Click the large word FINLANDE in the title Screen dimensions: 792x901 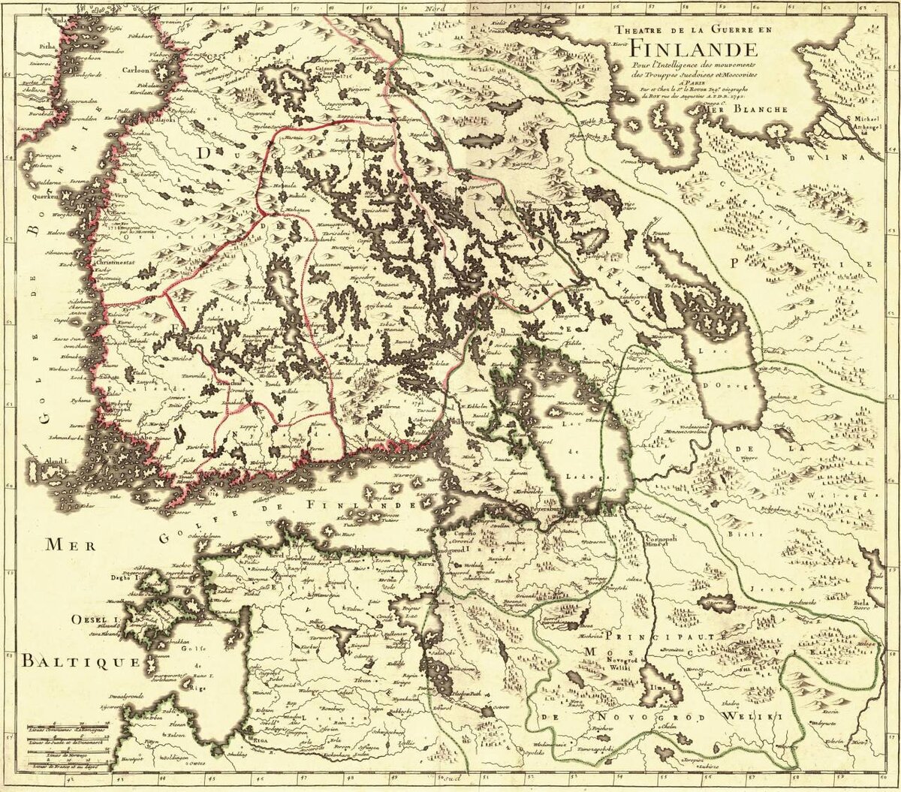[x=692, y=49]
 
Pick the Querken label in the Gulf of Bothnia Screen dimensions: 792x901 [x=44, y=195]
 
